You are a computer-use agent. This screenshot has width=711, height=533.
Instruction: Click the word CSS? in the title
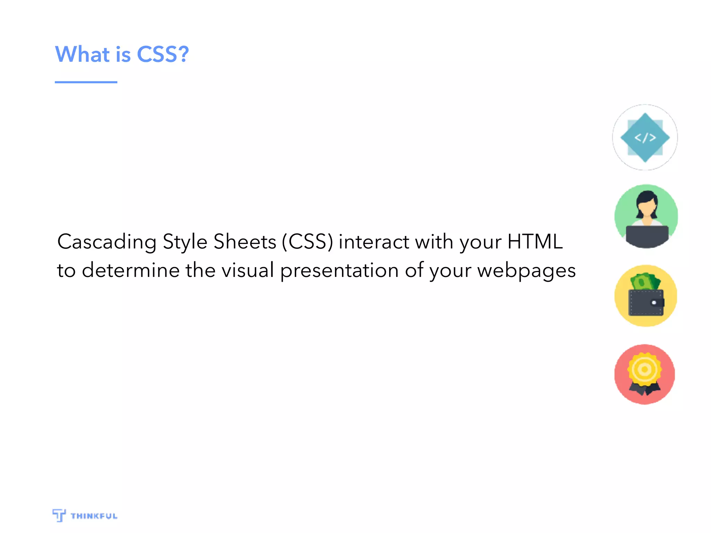pos(163,54)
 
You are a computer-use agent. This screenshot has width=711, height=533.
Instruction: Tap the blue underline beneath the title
pos(86,82)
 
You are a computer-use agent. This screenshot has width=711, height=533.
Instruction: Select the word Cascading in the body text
pos(107,242)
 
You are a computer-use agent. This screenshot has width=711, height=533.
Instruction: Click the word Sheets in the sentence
pos(245,242)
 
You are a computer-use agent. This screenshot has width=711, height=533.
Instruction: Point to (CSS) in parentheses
pos(307,242)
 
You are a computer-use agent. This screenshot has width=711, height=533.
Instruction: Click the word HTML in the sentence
pos(535,242)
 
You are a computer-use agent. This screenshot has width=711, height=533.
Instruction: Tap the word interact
pos(374,242)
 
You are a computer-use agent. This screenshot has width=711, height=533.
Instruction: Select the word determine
pos(131,270)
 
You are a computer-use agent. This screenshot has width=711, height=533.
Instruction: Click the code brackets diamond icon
pos(645,138)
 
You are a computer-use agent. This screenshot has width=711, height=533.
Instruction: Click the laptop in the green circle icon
pos(647,236)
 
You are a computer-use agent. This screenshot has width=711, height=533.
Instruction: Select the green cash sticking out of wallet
pos(645,282)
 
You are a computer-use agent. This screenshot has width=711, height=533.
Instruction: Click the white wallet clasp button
pos(654,303)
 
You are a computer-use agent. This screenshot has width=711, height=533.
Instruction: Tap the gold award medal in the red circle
pos(644,369)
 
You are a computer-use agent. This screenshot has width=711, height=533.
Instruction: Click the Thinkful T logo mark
pos(59,515)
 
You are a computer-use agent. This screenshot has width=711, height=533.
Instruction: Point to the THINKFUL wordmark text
pos(94,516)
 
